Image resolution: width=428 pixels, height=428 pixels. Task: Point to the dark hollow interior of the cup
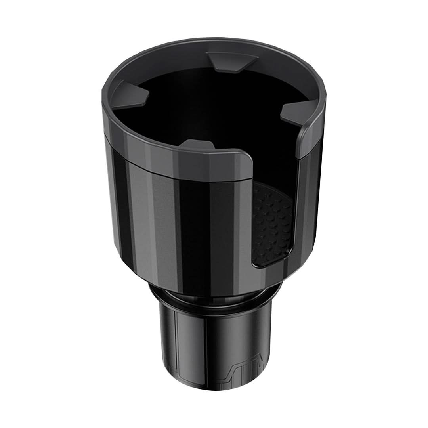coord(214,107)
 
